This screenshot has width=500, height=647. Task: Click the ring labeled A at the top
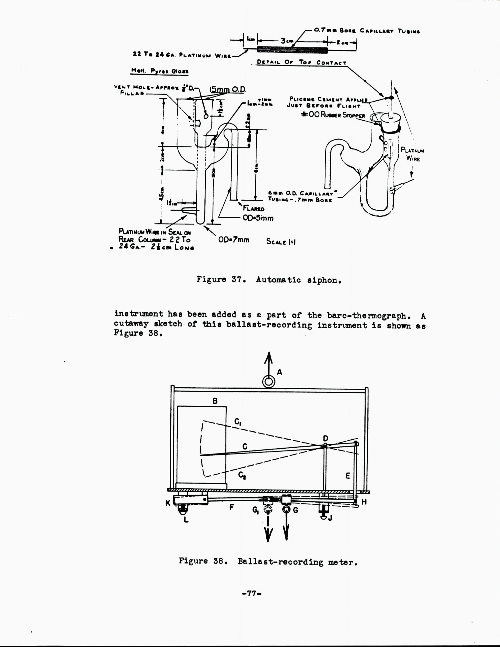point(269,382)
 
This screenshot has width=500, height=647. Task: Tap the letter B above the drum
point(215,401)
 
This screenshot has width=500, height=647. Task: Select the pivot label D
point(325,438)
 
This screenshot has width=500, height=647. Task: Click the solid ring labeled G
point(286,509)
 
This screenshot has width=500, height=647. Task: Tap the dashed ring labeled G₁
point(268,509)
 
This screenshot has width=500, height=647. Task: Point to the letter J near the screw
point(330,518)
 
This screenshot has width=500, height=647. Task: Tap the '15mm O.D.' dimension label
point(227,89)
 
